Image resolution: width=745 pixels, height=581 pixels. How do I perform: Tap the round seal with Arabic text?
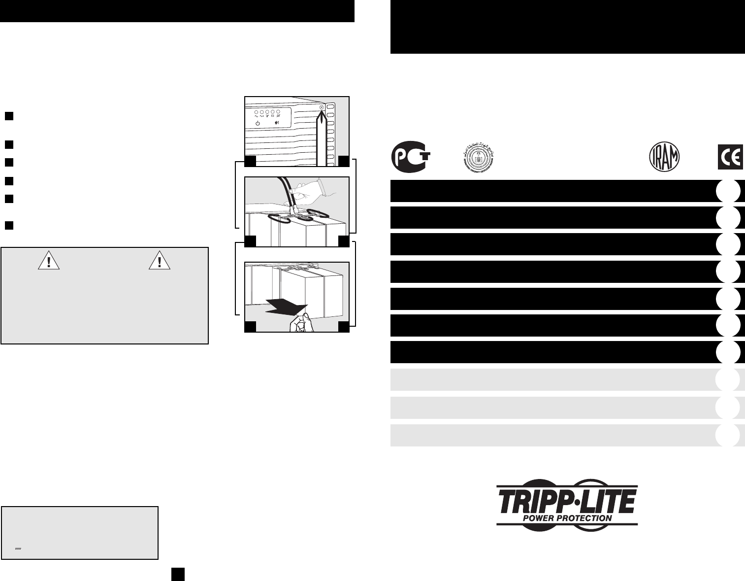479,156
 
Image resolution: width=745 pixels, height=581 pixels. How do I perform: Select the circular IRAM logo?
664,156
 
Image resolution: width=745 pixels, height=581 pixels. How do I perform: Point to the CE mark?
730,157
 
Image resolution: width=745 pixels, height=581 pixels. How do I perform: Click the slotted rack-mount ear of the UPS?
331,133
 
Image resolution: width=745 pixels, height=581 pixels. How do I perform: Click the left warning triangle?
49,261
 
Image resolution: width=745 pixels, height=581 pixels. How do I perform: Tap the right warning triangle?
159,261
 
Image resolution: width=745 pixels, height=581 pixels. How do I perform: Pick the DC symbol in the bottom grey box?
18,548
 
